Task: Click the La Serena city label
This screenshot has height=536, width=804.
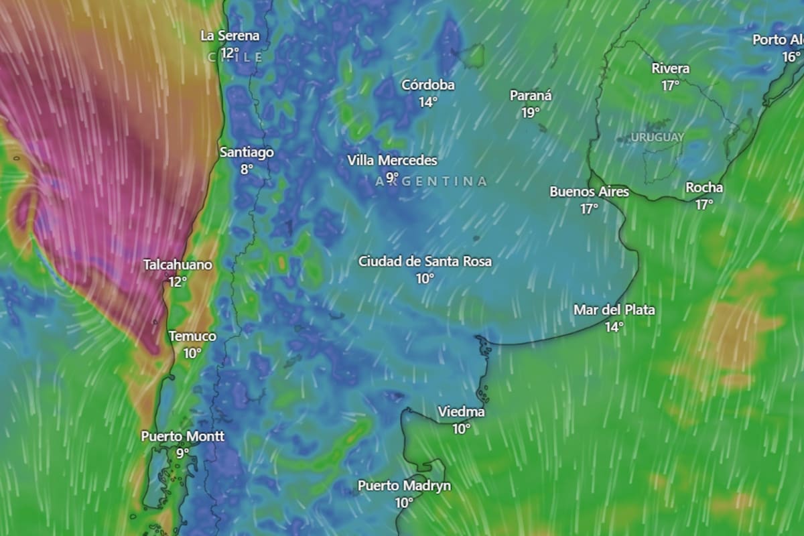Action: [230, 36]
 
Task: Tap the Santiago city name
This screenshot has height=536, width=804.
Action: [247, 152]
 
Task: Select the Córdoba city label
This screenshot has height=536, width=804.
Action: [428, 85]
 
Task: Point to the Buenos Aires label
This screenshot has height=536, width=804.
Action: [590, 192]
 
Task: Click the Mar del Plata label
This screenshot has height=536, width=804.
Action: [614, 310]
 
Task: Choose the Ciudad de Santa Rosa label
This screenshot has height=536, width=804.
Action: [425, 261]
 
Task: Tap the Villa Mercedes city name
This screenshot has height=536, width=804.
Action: [392, 161]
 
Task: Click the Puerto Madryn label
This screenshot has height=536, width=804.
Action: [404, 486]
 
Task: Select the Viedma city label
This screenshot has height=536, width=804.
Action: [461, 412]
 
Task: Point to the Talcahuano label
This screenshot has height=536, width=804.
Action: [178, 265]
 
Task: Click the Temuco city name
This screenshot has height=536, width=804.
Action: [192, 336]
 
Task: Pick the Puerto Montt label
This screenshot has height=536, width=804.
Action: [182, 436]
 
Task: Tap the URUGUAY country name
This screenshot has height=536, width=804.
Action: [657, 137]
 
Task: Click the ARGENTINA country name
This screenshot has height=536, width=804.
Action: [431, 181]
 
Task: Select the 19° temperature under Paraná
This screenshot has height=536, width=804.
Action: [531, 113]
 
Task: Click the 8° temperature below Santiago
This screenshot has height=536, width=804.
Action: [247, 169]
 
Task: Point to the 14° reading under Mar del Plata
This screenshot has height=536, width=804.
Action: [614, 327]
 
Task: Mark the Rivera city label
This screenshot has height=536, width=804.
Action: [671, 68]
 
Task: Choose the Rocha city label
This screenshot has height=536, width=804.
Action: [704, 188]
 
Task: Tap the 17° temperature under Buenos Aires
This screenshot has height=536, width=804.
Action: [590, 208]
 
